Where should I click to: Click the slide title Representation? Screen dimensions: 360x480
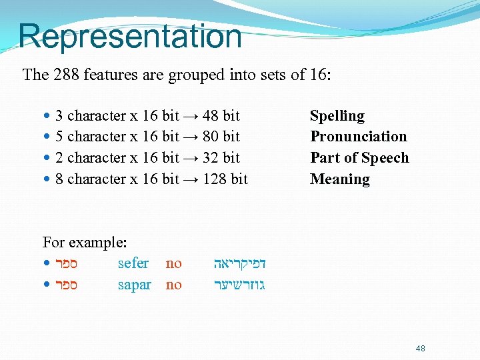click(130, 36)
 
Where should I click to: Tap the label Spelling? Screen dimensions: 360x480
click(337, 116)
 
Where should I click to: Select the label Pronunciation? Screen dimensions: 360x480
click(358, 137)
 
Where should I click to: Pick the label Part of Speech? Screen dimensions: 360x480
click(359, 158)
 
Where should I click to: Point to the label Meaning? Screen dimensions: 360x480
click(339, 179)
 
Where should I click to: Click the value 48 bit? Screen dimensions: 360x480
click(221, 116)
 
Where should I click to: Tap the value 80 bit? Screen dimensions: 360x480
click(221, 137)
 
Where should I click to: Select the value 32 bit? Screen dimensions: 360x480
click(221, 158)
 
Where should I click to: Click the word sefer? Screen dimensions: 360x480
click(133, 263)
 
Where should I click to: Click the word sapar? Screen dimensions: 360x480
click(134, 285)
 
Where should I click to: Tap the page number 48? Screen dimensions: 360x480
click(419, 348)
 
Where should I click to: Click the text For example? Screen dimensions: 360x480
click(85, 242)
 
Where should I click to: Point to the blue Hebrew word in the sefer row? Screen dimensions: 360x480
click(239, 263)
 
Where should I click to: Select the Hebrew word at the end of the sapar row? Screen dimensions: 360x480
click(239, 285)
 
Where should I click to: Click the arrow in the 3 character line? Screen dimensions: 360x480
click(191, 116)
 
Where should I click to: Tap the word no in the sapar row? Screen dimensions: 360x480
click(173, 285)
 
